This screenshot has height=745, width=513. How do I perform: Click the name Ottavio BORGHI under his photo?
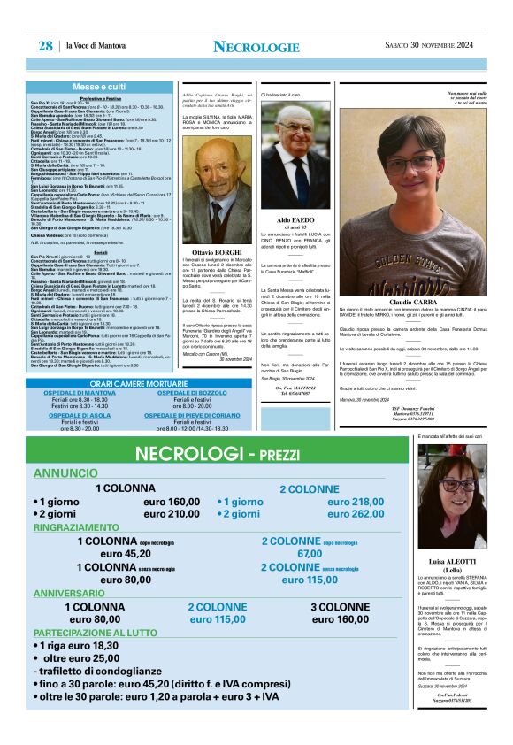[x=217, y=253]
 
